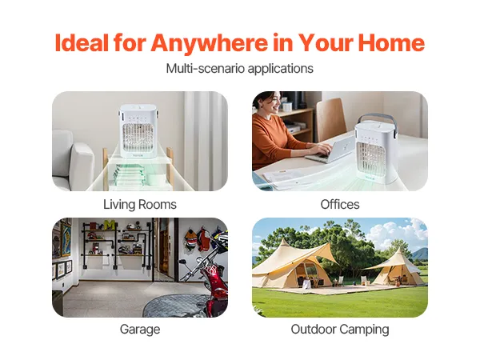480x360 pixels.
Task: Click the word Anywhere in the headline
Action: pyautogui.click(x=209, y=44)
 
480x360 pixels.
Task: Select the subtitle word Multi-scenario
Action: pyautogui.click(x=205, y=68)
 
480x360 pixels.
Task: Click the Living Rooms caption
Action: pyautogui.click(x=140, y=205)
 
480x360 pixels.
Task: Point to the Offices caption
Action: pyautogui.click(x=340, y=205)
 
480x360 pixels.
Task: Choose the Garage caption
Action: pyautogui.click(x=140, y=330)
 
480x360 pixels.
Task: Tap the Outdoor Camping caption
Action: pyautogui.click(x=340, y=330)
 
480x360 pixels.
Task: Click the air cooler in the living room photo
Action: pyautogui.click(x=138, y=131)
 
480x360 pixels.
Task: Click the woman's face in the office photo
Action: pyautogui.click(x=273, y=103)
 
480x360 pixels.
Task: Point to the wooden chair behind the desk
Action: pyautogui.click(x=330, y=119)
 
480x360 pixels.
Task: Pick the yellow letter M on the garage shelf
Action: pyautogui.click(x=110, y=225)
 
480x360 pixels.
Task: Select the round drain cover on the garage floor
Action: pyautogui.click(x=174, y=306)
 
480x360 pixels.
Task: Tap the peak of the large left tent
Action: pyautogui.click(x=284, y=239)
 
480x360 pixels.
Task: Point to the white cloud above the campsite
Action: pyautogui.click(x=398, y=232)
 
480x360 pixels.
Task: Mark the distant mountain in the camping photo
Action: pyautogui.click(x=420, y=254)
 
